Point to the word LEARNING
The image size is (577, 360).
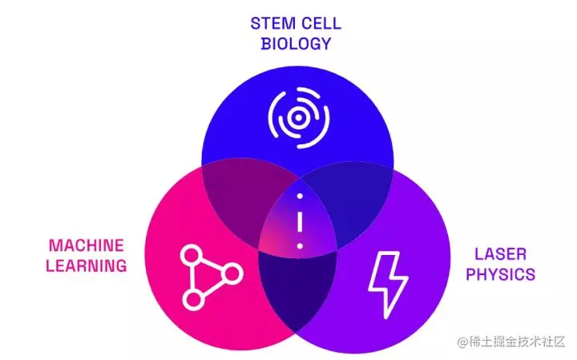[86, 265]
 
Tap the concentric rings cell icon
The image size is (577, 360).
[297, 118]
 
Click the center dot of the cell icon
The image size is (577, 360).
[297, 118]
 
